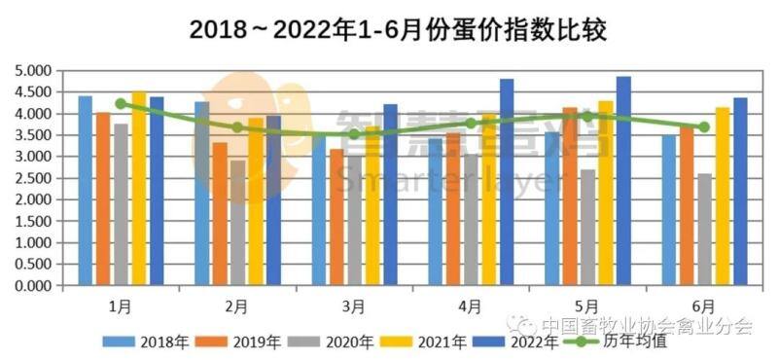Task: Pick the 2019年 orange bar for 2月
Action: [x=221, y=215]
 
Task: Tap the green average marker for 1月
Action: [x=121, y=104]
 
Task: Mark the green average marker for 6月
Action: [x=703, y=127]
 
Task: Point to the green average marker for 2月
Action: [x=237, y=127]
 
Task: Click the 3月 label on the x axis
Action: [x=354, y=306]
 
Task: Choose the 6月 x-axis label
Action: [x=703, y=306]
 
